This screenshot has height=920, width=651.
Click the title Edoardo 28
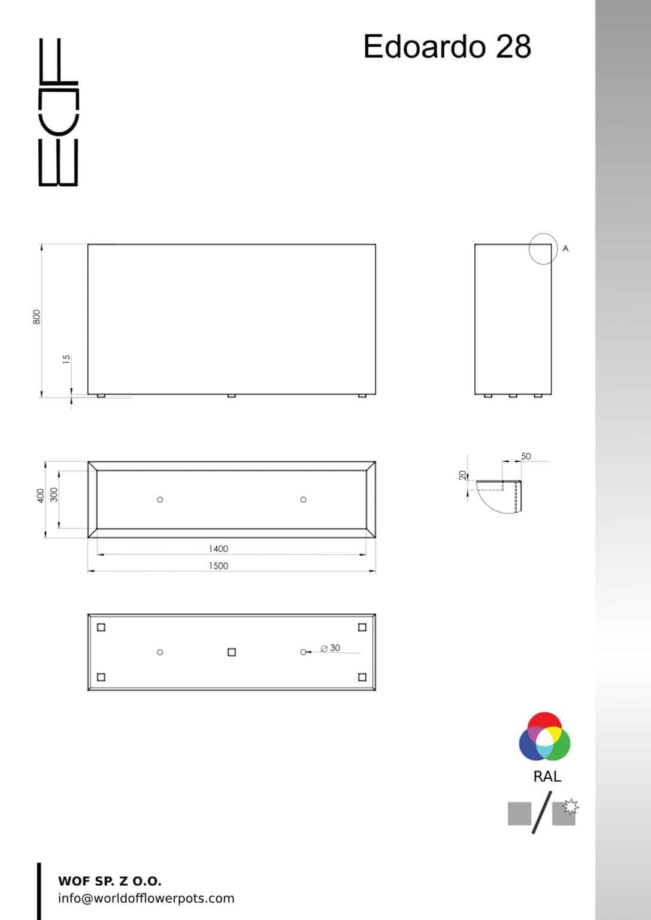(447, 46)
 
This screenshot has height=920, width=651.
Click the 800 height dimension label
(37, 317)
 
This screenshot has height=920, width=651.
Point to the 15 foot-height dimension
(66, 359)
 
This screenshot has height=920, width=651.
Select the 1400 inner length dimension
(218, 549)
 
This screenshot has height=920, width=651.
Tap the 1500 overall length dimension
(218, 566)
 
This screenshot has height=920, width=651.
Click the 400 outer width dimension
(40, 495)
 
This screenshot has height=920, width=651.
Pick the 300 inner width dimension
(54, 495)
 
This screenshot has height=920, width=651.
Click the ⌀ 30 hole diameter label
(330, 648)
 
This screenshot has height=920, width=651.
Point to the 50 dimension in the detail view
(526, 456)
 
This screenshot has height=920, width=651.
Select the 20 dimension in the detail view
(463, 475)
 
